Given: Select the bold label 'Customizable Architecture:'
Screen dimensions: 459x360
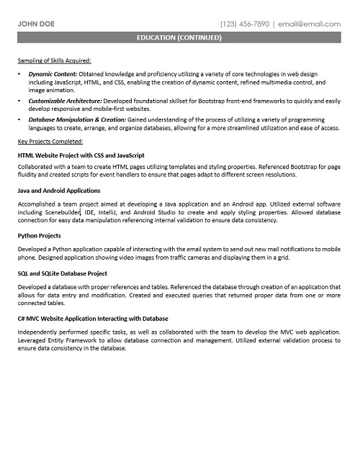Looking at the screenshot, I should point(66,101).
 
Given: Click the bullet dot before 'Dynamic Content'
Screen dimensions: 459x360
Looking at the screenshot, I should point(19,74).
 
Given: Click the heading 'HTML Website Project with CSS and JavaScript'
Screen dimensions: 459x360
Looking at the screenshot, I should point(81,155).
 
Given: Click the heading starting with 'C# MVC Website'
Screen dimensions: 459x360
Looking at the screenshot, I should point(93,318).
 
